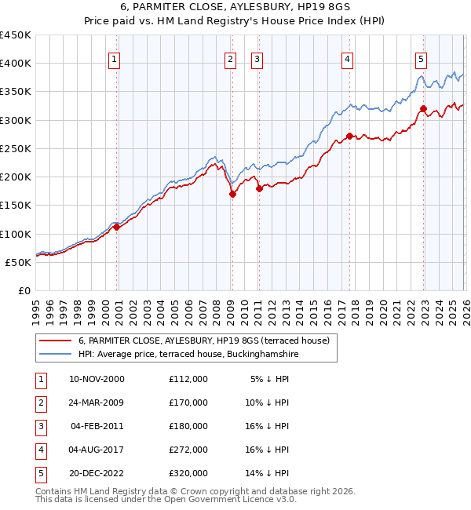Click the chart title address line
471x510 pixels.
[235, 7]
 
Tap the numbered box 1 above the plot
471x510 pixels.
[115, 58]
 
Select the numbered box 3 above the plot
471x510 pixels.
[257, 58]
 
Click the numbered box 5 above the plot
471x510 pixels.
[422, 58]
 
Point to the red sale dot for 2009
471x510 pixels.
[232, 195]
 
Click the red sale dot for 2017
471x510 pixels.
[349, 137]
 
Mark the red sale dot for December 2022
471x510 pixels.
[424, 109]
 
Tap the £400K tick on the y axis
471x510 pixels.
[16, 64]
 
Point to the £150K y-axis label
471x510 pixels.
[16, 206]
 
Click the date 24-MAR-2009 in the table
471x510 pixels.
[97, 403]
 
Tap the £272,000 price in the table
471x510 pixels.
[188, 450]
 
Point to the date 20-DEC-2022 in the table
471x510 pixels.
[97, 473]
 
